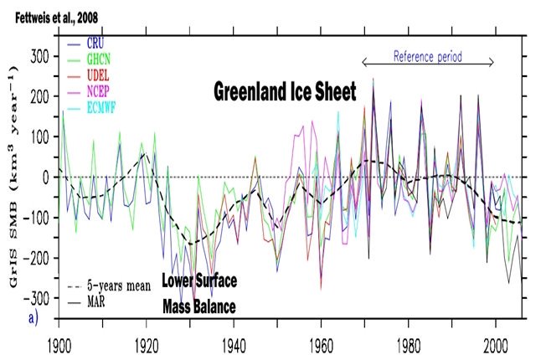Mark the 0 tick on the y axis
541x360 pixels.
click(x=47, y=177)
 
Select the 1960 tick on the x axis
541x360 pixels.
click(x=322, y=343)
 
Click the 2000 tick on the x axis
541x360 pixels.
click(x=496, y=343)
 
